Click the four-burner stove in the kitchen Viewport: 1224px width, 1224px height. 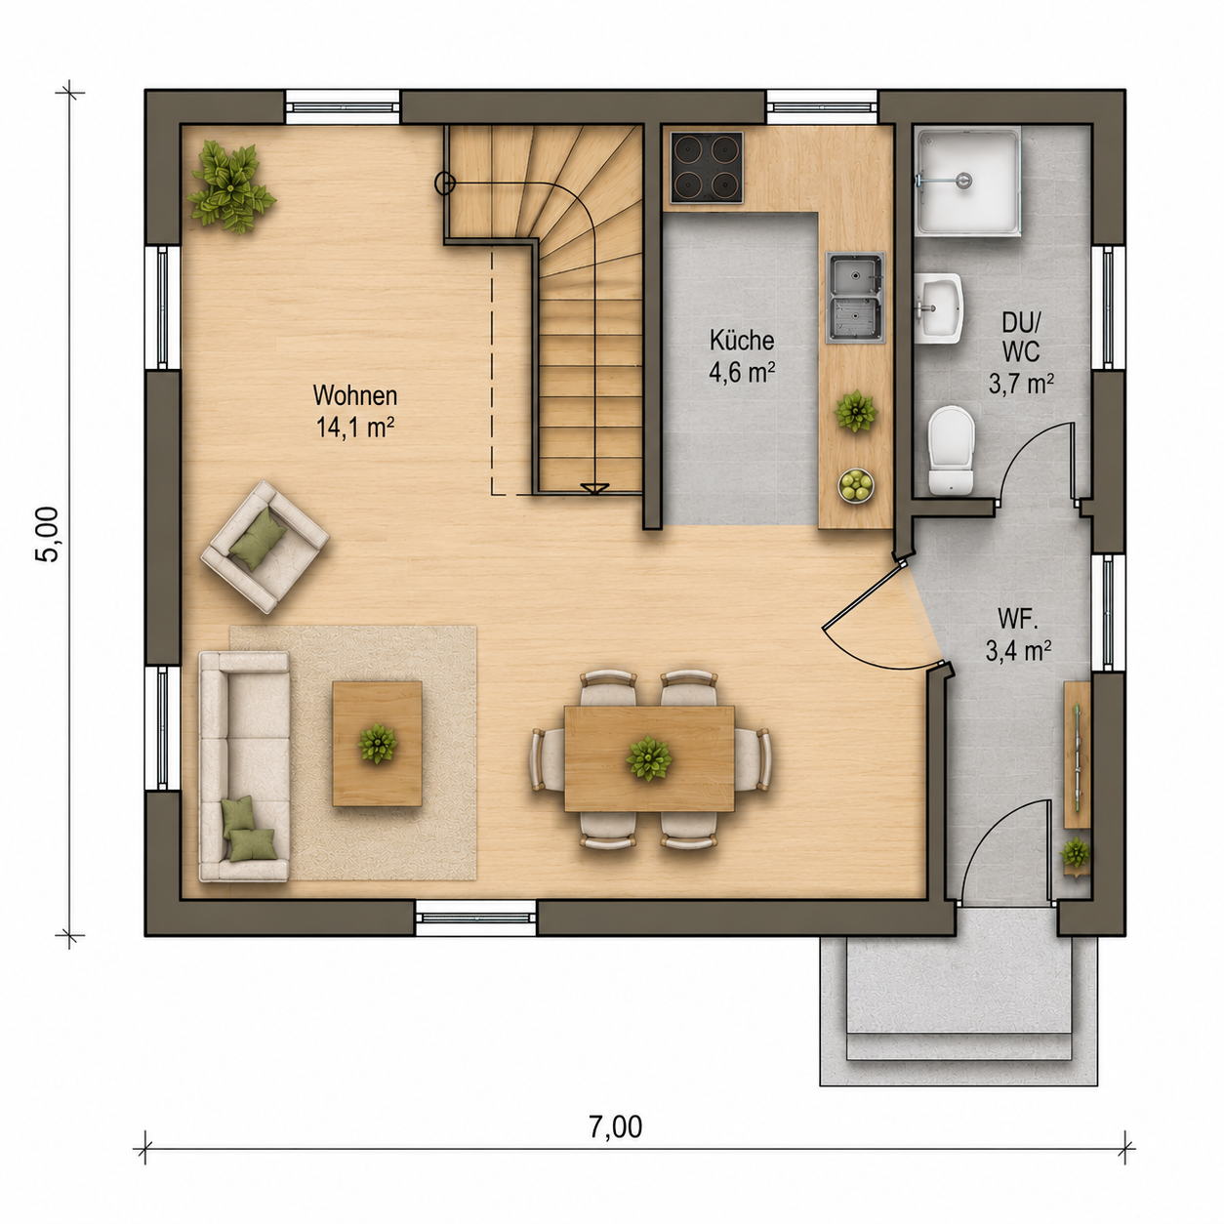coord(707,168)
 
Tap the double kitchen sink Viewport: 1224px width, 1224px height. coord(855,298)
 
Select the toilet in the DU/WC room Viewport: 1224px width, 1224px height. coord(951,450)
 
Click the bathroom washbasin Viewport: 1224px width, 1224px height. coord(939,308)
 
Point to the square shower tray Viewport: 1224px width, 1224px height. coord(968,182)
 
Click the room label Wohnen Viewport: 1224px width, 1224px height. coord(355,395)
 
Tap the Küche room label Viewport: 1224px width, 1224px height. coord(742,341)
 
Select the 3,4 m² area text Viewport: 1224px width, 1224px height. coord(1018,651)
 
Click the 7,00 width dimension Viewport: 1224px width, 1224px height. coord(616,1126)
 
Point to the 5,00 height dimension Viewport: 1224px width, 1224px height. coord(47,534)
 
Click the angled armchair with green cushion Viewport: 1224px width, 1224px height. coord(265,547)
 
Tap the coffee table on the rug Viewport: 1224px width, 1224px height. coord(378,743)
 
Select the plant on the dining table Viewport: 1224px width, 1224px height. coord(648,758)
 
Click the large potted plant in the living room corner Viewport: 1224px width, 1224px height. coord(230,185)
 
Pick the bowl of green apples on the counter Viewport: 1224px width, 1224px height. coord(856,486)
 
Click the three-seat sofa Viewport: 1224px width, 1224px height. coord(245,766)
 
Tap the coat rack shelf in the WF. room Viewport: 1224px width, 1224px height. coord(1077,755)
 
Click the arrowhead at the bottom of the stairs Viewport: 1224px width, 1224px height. coord(594,488)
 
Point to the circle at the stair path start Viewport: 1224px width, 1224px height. coord(445,183)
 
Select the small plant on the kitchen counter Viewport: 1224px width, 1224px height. coord(856,411)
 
